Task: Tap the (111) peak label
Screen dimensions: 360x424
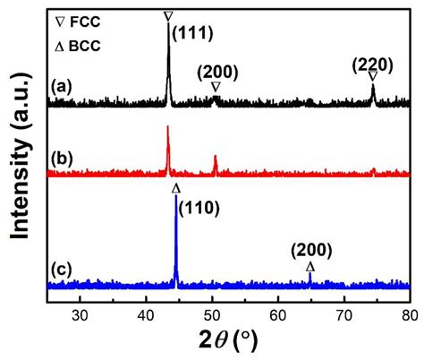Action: tap(195, 31)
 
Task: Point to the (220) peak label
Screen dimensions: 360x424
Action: tap(372, 64)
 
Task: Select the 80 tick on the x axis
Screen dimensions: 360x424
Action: tap(410, 314)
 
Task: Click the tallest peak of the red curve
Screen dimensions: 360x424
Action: tap(168, 127)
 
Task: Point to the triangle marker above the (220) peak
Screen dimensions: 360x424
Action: tap(373, 77)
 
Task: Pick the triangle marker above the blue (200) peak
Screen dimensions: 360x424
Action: tap(310, 267)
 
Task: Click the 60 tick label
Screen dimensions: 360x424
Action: tap(278, 314)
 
